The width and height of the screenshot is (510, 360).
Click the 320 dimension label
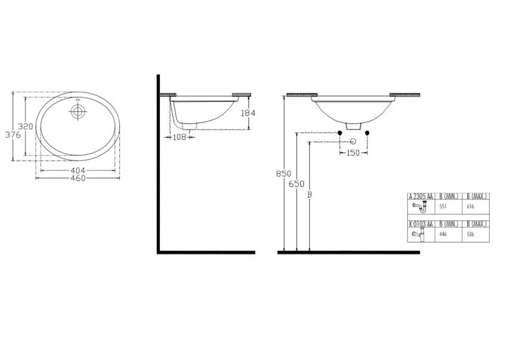coord(24,127)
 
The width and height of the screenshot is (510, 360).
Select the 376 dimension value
coord(13,135)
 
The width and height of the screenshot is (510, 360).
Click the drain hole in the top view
coord(78,111)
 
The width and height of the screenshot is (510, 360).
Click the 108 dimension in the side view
coord(180,137)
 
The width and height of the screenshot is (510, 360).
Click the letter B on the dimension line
coord(308,195)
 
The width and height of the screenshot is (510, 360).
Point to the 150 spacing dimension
coord(354,153)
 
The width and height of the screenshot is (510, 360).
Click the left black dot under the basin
coord(340,132)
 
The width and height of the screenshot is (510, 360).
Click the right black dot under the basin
coord(367,132)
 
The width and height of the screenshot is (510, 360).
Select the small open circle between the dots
coord(353,141)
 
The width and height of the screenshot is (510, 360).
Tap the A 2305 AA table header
coord(421,196)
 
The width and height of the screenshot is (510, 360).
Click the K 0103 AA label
coord(421,224)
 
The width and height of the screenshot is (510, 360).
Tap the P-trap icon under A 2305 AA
coord(421,207)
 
